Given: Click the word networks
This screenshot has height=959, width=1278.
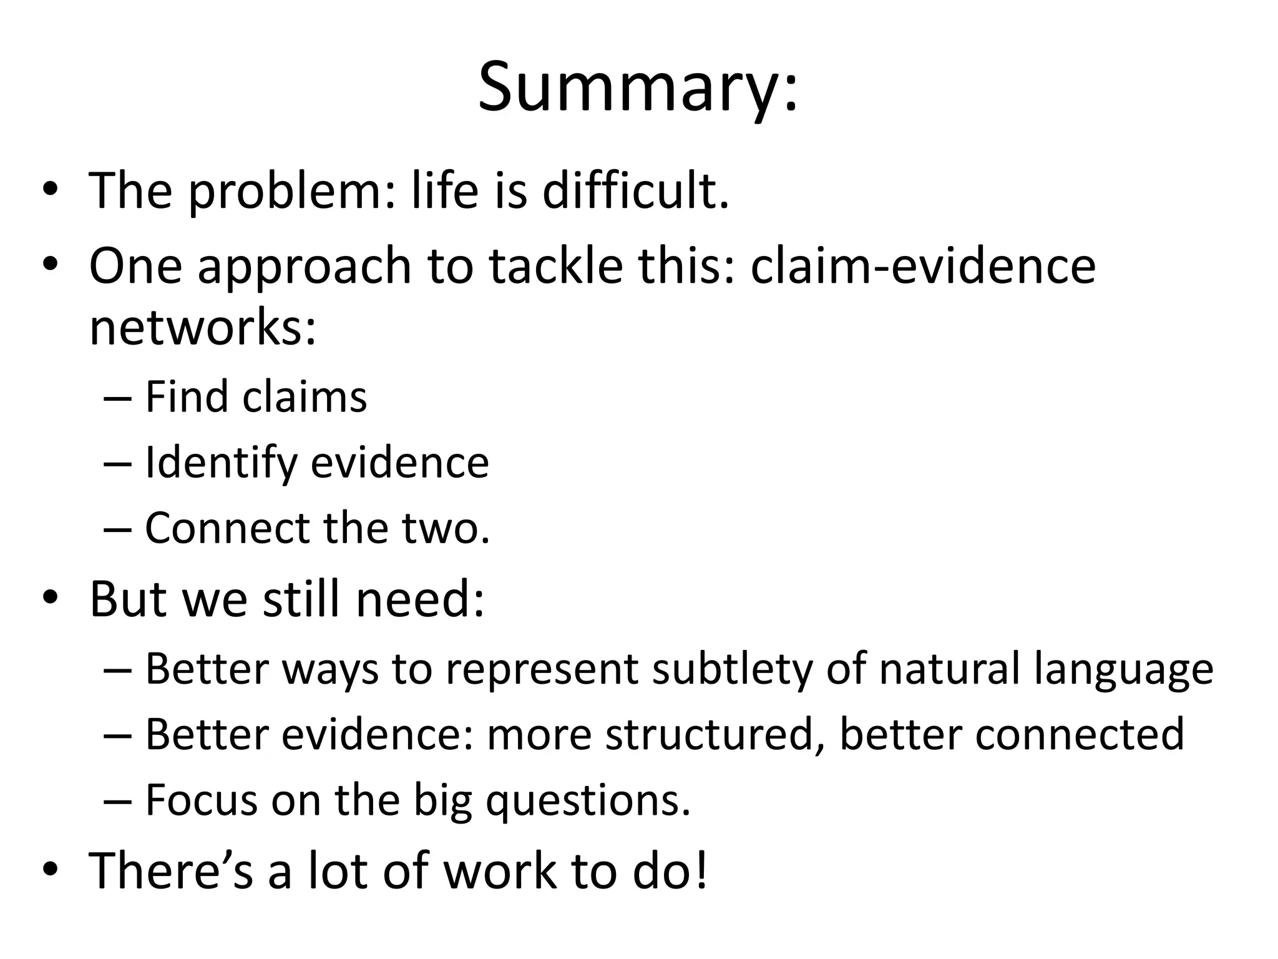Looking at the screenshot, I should point(202,327).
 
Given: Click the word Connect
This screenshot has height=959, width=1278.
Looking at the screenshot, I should point(227,528).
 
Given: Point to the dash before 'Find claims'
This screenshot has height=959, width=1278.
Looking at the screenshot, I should point(117,398).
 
